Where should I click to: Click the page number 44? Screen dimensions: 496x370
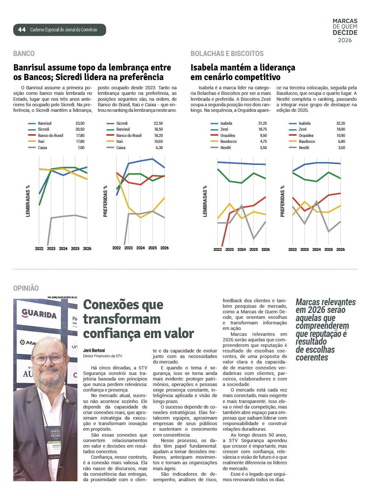[22, 30]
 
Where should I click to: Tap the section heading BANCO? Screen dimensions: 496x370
[24, 54]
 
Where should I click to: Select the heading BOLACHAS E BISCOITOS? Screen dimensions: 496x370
[227, 54]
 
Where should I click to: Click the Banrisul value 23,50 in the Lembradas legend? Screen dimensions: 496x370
[80, 123]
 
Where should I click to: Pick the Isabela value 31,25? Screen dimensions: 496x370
[262, 123]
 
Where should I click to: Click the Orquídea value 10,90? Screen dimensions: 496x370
[340, 135]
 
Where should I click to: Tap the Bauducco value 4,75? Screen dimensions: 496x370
[263, 141]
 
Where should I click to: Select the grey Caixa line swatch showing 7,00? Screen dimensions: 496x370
[32, 148]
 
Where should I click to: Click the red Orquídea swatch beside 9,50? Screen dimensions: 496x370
[214, 135]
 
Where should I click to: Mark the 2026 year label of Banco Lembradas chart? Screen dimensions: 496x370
[87, 249]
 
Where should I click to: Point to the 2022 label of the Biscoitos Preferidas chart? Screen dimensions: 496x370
[293, 249]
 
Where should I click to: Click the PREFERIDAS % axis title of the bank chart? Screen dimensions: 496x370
[106, 201]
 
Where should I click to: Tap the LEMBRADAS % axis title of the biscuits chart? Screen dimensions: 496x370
[205, 201]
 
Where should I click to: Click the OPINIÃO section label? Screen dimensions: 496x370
[26, 288]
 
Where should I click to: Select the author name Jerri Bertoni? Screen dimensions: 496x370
[94, 350]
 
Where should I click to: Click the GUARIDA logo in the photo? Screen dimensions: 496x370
[39, 314]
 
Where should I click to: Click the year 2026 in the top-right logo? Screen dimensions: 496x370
[345, 40]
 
